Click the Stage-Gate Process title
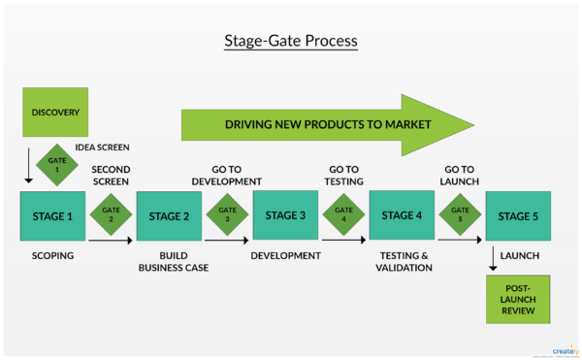coord(291,42)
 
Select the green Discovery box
coord(54,111)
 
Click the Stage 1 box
coord(52,215)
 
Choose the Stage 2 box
coord(169,215)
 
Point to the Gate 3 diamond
coord(227,214)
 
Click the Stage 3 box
coord(285,215)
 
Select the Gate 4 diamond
coord(343,214)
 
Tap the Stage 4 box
coord(402,215)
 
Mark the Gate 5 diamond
coord(460,214)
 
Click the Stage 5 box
coord(518,215)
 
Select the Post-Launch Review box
coord(518,299)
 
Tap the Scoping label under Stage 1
coord(52,255)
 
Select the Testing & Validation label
coord(402,261)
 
